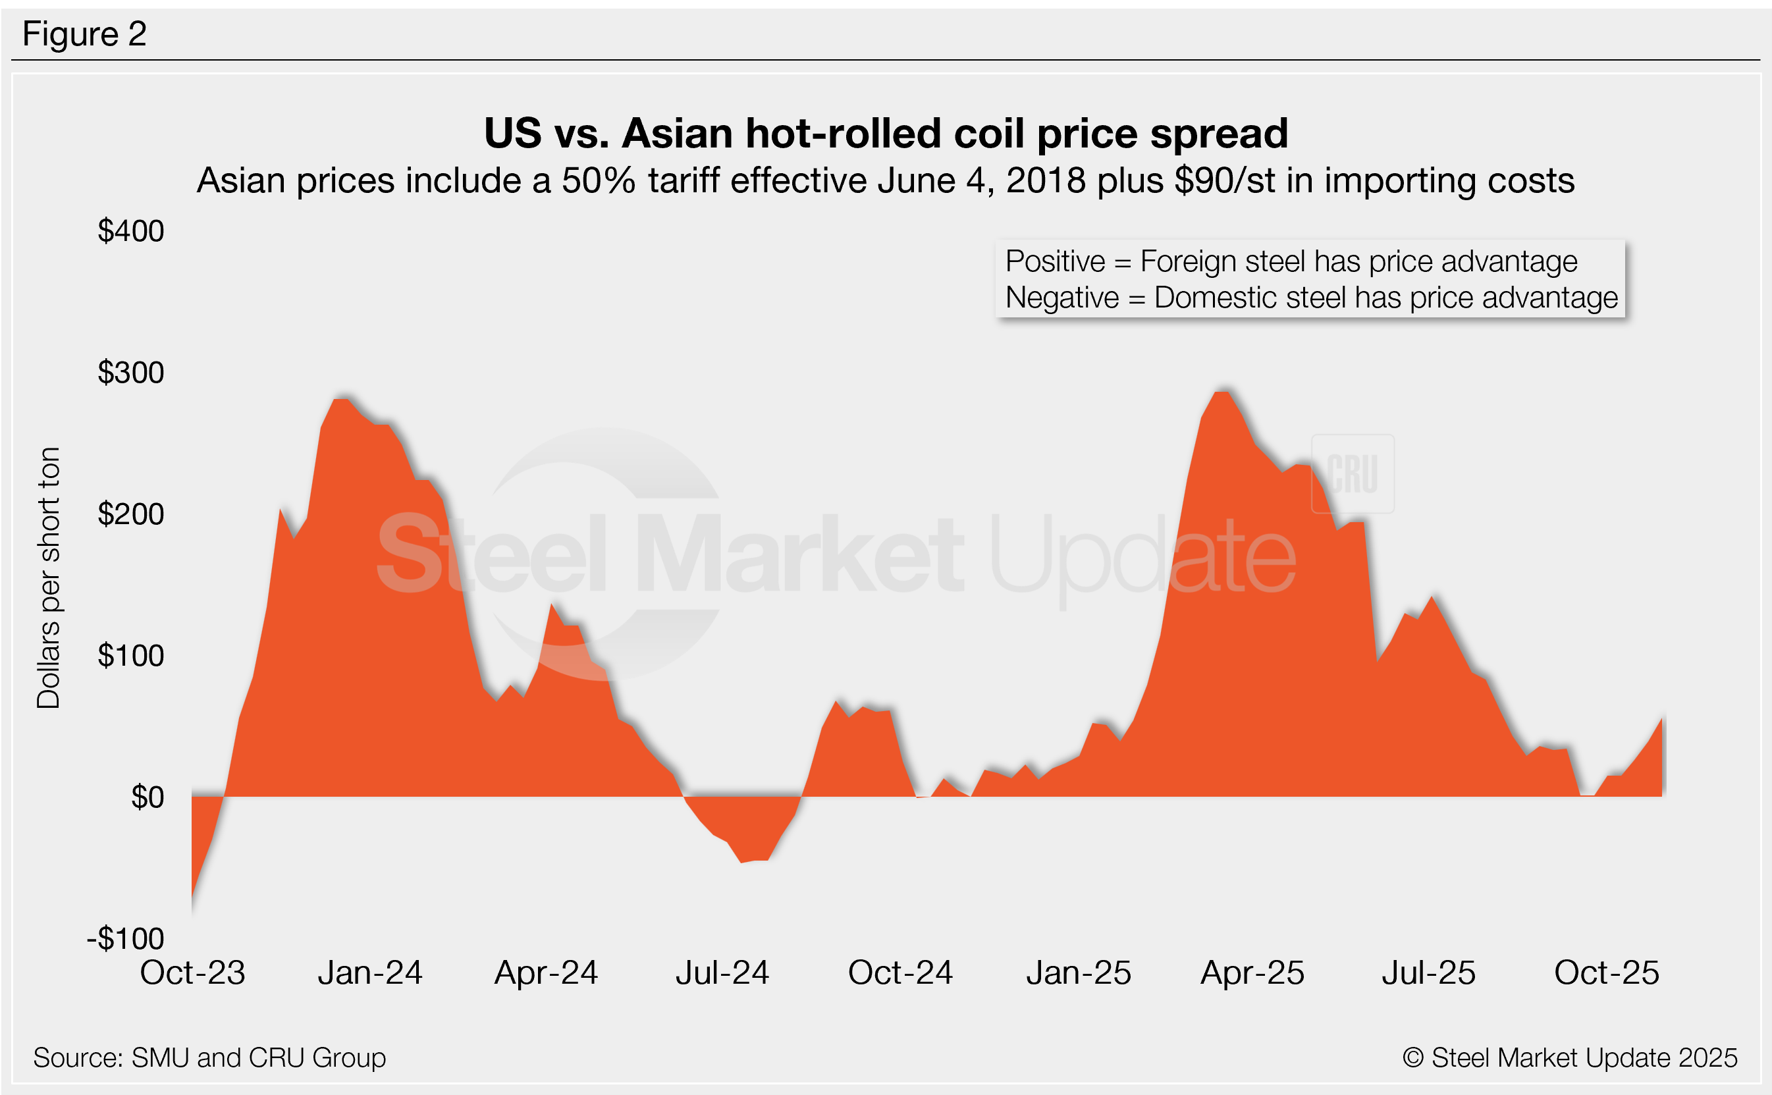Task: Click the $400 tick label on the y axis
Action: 131,231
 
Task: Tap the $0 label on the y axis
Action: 147,797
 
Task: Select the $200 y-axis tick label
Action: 131,514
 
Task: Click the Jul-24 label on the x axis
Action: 722,973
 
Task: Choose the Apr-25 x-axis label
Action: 1252,973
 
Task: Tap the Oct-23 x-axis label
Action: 193,973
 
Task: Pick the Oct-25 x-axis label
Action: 1606,973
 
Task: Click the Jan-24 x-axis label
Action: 370,973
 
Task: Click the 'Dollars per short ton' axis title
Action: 49,578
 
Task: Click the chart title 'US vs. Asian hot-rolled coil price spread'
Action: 886,133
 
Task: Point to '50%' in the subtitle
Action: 598,180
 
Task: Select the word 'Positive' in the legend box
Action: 1055,261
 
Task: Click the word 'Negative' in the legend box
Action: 1062,298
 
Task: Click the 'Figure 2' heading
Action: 85,34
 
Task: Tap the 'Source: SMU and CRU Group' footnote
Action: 209,1057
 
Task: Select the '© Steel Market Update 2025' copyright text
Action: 1569,1057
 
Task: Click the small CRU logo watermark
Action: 1352,474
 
